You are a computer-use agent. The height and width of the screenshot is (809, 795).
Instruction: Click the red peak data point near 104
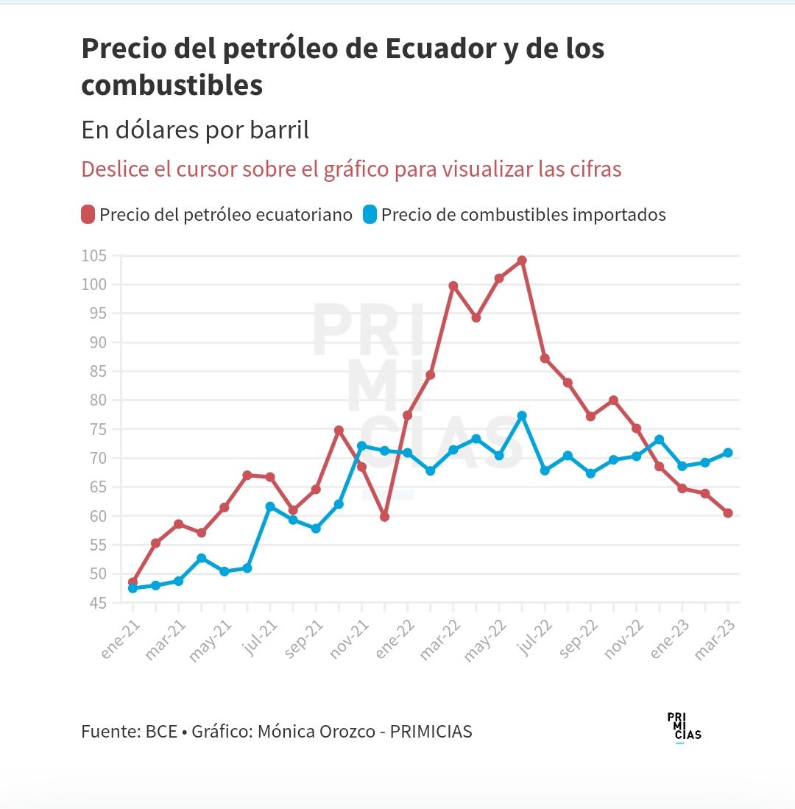click(522, 261)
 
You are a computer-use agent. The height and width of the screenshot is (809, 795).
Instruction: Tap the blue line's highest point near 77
click(522, 416)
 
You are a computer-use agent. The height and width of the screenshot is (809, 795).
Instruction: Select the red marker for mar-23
click(728, 513)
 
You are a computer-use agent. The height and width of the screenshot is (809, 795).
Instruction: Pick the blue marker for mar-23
click(728, 453)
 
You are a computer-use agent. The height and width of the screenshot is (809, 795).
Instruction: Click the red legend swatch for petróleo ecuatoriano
click(88, 215)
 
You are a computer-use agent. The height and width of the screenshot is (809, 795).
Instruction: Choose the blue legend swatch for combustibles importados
click(370, 215)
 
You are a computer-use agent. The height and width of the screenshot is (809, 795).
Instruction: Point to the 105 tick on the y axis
click(94, 255)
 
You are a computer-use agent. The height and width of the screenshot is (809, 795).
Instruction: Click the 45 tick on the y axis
click(99, 603)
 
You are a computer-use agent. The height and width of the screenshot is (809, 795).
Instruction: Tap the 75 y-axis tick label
click(99, 429)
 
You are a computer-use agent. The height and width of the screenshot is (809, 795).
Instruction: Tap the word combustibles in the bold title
click(172, 85)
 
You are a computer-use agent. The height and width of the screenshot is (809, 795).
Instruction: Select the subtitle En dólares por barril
click(195, 130)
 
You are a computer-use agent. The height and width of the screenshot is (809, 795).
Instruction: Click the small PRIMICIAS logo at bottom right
click(683, 727)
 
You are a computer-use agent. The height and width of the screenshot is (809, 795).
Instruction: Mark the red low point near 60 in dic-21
click(384, 517)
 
